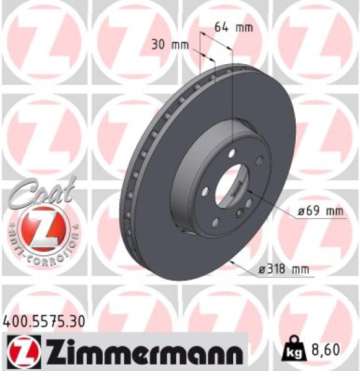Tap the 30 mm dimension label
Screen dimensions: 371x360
click(171, 45)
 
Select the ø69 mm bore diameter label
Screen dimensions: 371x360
click(320, 211)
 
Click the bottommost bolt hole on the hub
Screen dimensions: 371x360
click(216, 221)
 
